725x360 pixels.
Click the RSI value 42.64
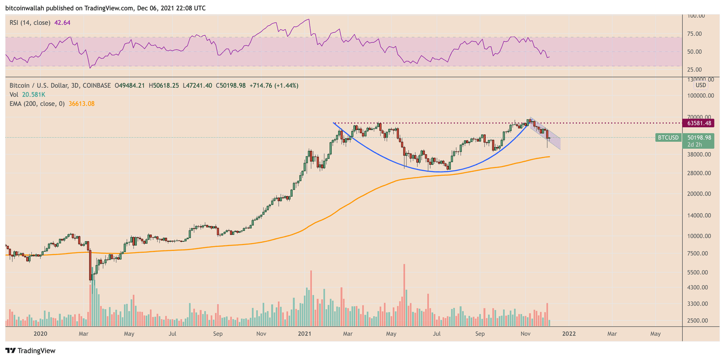pyautogui.click(x=62, y=22)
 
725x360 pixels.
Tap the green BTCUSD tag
pyautogui.click(x=668, y=137)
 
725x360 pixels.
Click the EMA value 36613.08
pyautogui.click(x=82, y=104)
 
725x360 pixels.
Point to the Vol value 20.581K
pyautogui.click(x=34, y=95)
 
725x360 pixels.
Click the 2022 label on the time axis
pyautogui.click(x=569, y=334)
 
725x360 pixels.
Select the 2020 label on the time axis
pyautogui.click(x=40, y=334)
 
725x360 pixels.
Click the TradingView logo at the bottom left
pyautogui.click(x=30, y=350)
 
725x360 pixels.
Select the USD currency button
pyautogui.click(x=701, y=85)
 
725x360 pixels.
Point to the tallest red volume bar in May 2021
pyautogui.click(x=404, y=294)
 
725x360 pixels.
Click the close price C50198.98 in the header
pyautogui.click(x=231, y=86)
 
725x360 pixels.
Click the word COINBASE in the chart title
pyautogui.click(x=97, y=86)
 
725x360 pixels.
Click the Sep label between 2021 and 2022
pyautogui.click(x=480, y=334)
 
